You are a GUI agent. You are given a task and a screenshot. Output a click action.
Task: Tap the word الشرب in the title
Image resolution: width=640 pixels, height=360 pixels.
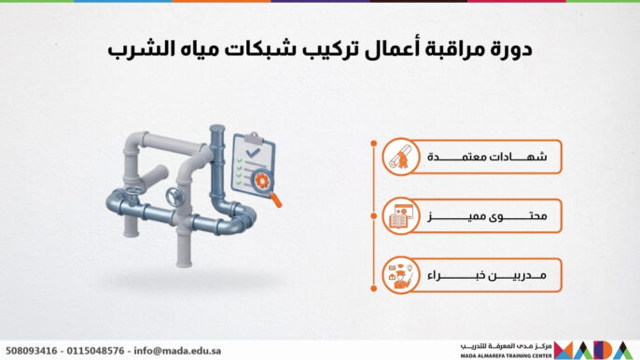[x=137, y=51]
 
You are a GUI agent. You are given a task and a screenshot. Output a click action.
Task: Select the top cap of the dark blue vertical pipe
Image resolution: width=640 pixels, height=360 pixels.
[x=216, y=131]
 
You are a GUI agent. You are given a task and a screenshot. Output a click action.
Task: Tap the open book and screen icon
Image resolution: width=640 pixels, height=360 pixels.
[x=398, y=218]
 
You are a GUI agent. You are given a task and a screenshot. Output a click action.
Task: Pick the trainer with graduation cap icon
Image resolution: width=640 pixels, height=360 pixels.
[x=398, y=277]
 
